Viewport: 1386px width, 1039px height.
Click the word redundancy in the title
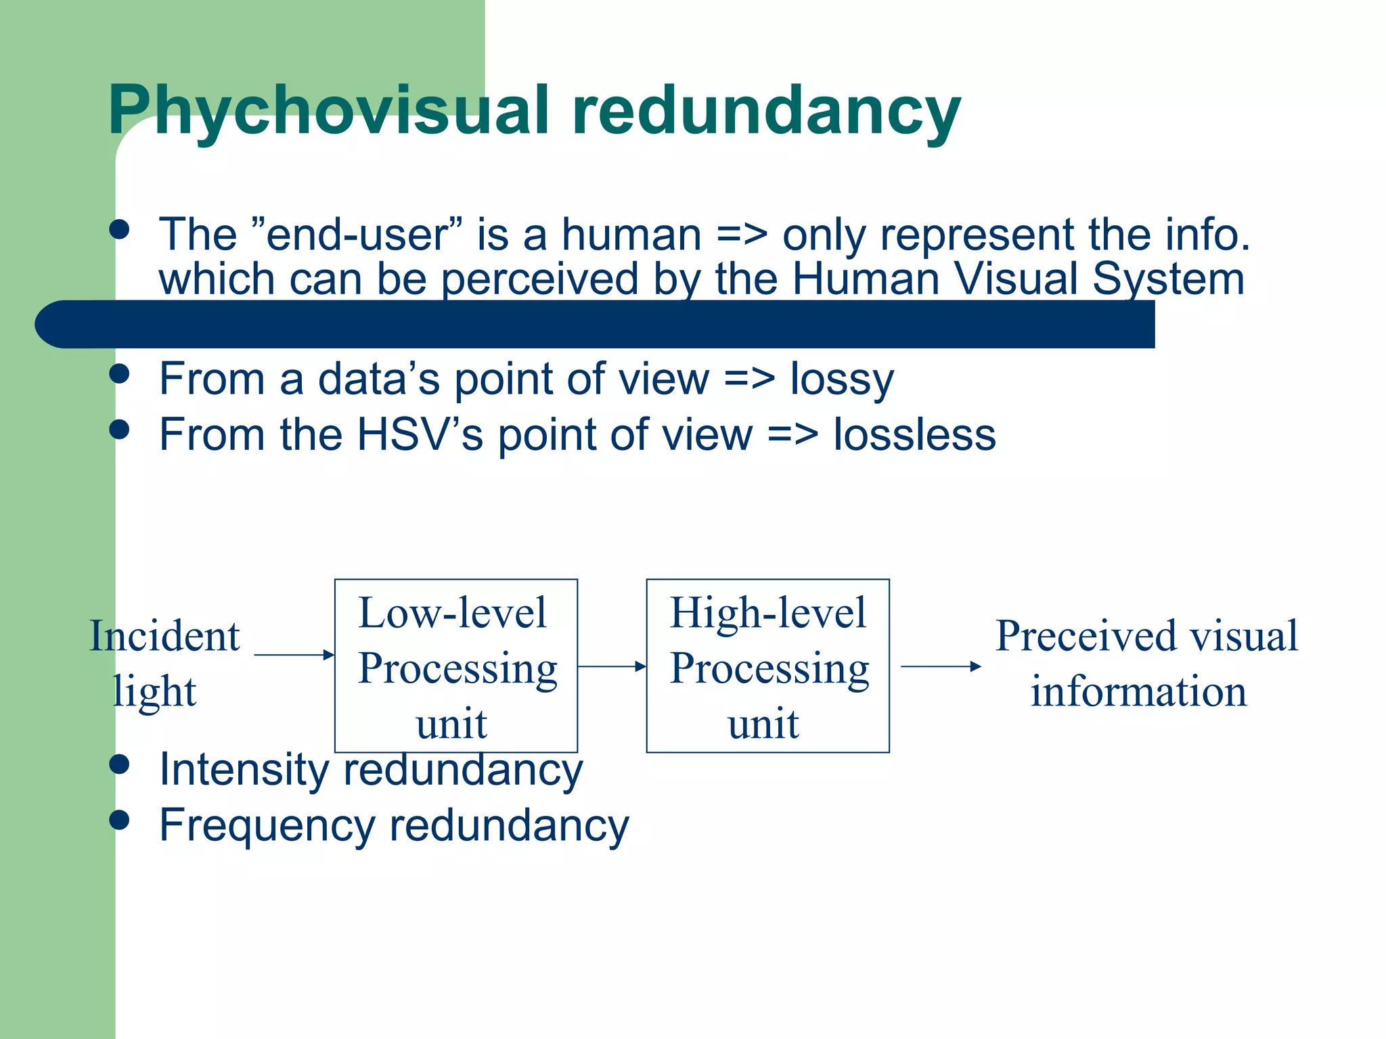point(765,110)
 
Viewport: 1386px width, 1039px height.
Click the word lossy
point(842,379)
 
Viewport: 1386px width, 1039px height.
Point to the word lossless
point(914,434)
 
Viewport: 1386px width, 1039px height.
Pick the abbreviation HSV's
point(420,434)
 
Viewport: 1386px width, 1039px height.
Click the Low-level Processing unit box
point(456,666)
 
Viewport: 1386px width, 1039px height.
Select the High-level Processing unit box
point(767,666)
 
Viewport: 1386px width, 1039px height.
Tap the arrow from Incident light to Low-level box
point(294,655)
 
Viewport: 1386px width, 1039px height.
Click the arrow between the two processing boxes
point(612,666)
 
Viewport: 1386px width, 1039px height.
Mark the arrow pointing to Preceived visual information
point(941,666)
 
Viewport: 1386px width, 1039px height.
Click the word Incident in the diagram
point(165,636)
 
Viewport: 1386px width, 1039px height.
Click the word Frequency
point(267,825)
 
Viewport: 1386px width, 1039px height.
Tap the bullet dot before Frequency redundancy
point(119,820)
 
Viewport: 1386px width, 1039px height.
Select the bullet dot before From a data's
point(119,373)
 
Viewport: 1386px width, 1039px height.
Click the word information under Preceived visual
point(1138,691)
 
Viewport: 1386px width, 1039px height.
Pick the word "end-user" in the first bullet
point(357,235)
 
